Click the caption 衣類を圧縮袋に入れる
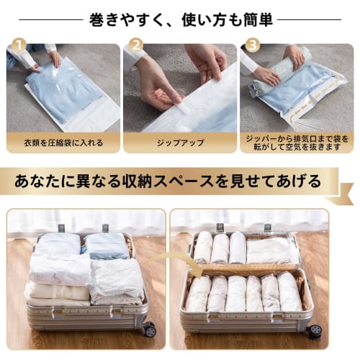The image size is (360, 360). click(x=63, y=143)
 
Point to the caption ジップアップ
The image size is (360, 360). click(x=180, y=143)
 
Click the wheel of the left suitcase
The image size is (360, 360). click(x=149, y=330)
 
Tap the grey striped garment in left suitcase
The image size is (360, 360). click(x=117, y=281)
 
